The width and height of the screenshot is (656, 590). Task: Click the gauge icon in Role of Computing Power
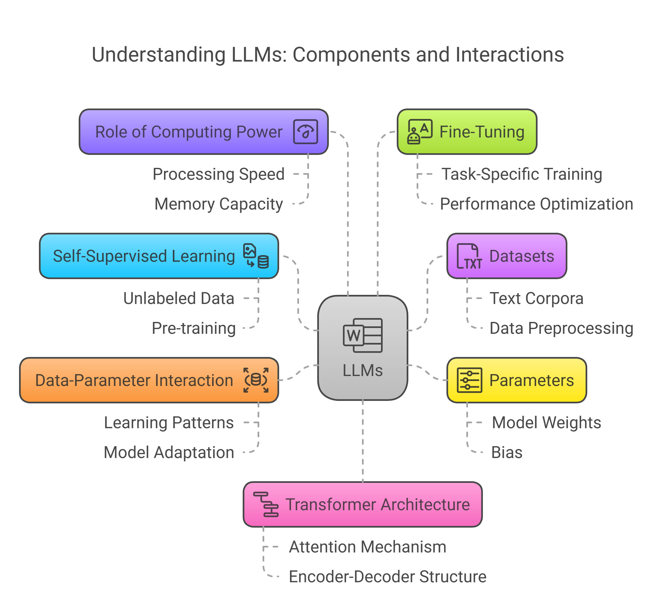point(305,132)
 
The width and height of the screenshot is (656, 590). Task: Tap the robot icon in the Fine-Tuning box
point(420,132)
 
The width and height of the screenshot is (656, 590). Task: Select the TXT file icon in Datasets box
point(469,256)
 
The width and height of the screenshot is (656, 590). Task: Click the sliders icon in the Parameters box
point(469,380)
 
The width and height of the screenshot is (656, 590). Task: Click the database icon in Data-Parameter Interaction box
point(256,380)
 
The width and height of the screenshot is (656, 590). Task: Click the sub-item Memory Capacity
point(219,204)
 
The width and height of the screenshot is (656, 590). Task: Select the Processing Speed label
point(219,174)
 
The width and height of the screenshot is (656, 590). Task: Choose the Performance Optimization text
point(536,204)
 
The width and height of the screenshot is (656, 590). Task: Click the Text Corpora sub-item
point(536,298)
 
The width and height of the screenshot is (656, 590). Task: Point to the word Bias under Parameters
point(507,453)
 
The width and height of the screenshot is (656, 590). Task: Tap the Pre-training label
point(194,328)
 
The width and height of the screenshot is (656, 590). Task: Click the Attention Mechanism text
point(367,547)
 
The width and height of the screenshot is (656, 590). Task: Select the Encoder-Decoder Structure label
point(387,577)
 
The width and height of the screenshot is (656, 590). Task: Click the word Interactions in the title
point(509,54)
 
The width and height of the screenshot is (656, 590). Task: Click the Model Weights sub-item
point(546,423)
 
